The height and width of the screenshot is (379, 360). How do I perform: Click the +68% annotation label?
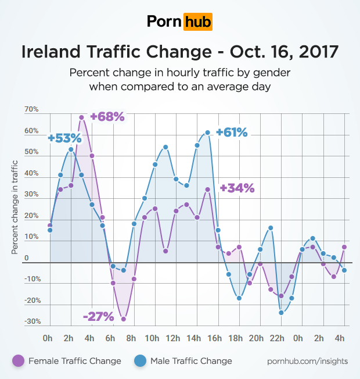point(107,116)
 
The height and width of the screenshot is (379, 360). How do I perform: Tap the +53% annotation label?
point(65,138)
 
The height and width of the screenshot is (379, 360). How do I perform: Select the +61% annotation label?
point(232,133)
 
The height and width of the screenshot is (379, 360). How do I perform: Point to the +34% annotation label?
point(237,188)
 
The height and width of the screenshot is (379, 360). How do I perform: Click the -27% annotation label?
point(99,316)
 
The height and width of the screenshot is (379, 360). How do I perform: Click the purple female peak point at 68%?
point(82,117)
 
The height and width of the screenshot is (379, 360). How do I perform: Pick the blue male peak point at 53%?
point(71,149)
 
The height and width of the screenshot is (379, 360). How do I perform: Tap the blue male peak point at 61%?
point(207,133)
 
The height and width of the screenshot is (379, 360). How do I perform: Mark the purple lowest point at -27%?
point(124,319)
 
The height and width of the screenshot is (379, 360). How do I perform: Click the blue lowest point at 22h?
point(281,312)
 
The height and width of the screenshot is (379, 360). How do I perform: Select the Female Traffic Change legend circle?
point(17,361)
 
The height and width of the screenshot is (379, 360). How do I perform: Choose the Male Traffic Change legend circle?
point(140,361)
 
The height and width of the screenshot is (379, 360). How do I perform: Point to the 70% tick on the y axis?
point(31,109)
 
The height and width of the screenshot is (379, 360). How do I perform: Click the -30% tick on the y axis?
point(31,321)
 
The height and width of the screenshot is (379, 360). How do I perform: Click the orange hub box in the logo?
point(197,22)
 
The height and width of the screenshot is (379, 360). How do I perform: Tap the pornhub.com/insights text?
point(308,361)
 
